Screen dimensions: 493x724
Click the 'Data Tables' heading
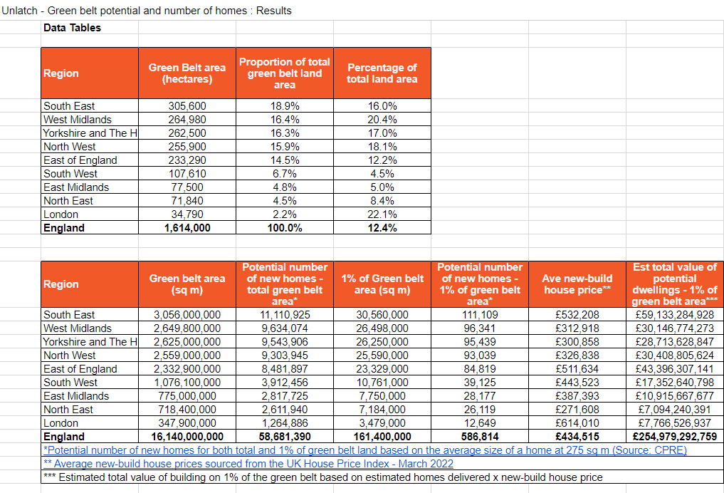72,28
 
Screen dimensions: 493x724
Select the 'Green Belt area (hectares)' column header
187,73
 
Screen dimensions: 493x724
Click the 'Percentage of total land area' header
382,73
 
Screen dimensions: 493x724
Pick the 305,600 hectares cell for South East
187,106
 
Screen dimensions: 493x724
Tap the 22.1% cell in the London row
383,214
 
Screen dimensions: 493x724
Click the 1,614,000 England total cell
187,228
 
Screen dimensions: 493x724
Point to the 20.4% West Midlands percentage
383,120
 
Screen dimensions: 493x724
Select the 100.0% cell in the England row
284,228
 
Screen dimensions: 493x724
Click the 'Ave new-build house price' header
577,284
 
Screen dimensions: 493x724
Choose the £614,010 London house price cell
577,423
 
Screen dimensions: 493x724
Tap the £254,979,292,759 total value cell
674,437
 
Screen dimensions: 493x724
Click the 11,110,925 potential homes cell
284,315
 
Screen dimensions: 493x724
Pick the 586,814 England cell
479,437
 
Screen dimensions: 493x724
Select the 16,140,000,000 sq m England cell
187,437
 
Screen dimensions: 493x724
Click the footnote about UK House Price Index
248,464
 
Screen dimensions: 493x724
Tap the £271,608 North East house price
577,410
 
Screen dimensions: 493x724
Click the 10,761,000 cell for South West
382,383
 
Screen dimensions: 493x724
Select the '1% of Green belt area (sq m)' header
382,284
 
